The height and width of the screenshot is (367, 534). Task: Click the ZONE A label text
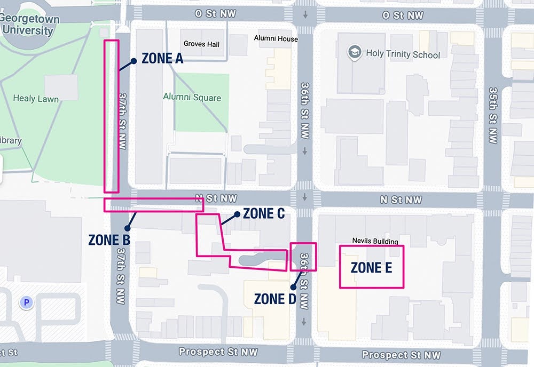162,59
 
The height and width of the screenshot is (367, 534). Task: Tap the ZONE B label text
109,240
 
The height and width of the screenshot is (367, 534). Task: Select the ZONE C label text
264,213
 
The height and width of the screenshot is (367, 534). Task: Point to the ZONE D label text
275,299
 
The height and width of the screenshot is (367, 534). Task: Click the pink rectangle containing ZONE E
372,267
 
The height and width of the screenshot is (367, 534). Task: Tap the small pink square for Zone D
303,257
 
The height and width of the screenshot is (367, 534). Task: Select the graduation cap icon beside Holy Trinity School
354,52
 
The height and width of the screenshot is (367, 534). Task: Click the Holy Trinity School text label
403,54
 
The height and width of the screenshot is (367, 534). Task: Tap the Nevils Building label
375,241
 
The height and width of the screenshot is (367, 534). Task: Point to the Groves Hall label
201,44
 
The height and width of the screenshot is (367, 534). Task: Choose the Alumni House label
276,38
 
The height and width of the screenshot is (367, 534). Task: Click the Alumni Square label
192,97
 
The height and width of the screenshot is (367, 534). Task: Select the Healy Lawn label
36,98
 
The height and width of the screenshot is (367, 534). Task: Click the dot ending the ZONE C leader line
236,214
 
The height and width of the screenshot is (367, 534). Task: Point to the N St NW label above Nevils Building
400,200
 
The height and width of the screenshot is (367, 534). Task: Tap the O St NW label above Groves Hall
213,13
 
